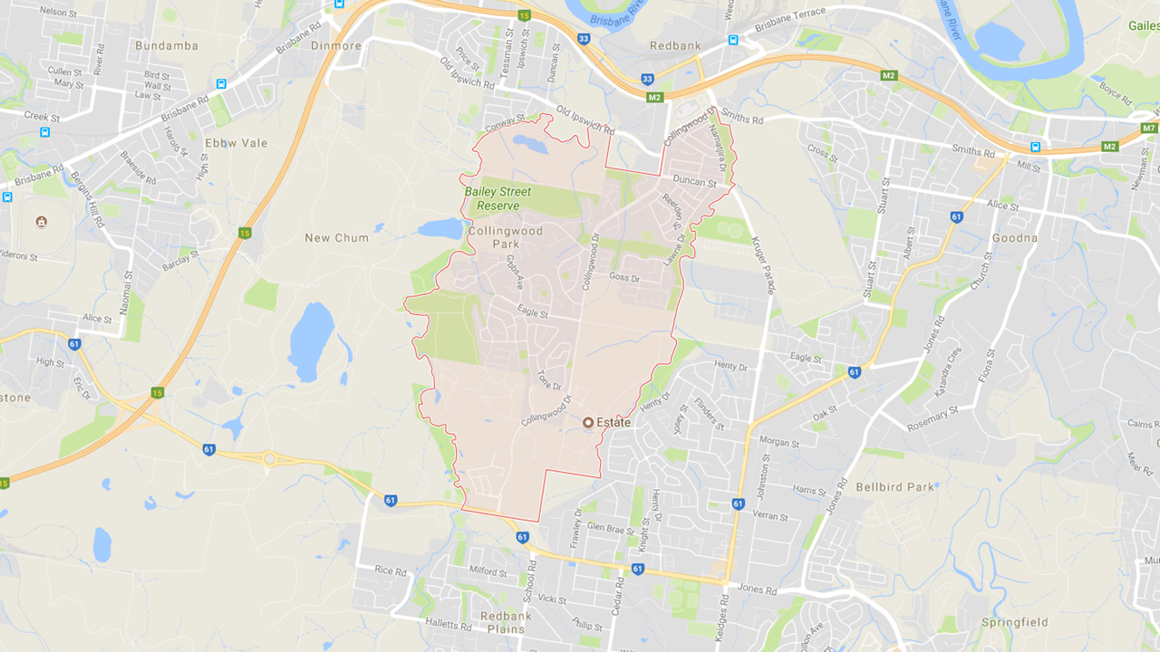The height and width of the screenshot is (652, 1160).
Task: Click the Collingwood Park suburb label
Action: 506,237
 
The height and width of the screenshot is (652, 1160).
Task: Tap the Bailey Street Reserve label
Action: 498,198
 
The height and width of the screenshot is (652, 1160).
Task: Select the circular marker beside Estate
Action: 587,422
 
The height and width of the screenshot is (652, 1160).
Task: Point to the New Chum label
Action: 336,238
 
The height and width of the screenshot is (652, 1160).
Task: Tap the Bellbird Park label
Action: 894,487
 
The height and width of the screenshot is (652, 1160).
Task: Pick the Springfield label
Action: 1014,623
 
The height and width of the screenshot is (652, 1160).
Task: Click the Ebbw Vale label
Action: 237,143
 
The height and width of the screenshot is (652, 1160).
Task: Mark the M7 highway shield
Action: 1149,128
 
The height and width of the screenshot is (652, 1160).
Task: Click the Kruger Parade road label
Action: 763,265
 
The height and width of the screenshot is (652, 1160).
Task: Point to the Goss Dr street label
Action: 624,277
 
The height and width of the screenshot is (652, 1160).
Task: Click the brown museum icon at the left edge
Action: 41,222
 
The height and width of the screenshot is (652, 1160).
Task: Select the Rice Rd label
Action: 391,570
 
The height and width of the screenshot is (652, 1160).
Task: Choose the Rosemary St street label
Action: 933,419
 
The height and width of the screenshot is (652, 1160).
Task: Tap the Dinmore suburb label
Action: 335,45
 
